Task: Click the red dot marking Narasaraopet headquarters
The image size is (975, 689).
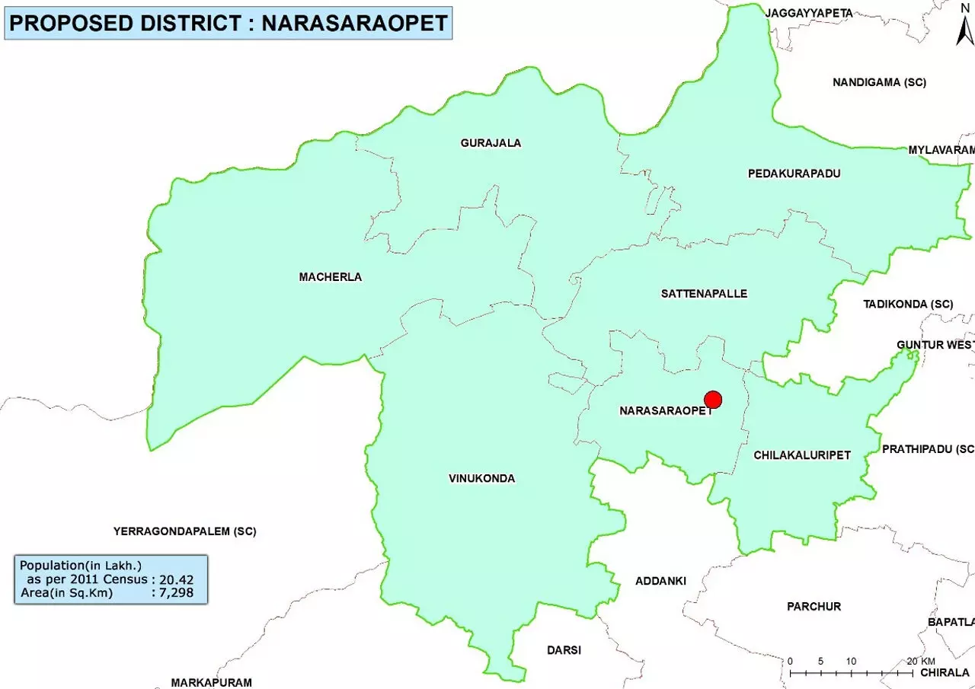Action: click(x=713, y=400)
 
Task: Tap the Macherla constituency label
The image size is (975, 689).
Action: click(x=331, y=277)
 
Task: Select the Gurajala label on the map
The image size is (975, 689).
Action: click(x=491, y=143)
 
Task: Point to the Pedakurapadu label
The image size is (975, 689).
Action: click(x=794, y=174)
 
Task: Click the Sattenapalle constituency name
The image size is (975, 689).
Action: click(x=704, y=294)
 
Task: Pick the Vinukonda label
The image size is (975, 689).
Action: click(x=481, y=479)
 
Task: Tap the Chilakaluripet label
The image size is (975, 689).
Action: click(x=801, y=455)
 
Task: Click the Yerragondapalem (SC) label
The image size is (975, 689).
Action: click(x=185, y=531)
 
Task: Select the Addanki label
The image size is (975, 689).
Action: click(x=660, y=581)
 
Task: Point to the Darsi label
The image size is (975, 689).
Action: click(x=564, y=650)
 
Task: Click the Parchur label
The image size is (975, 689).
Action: click(x=814, y=607)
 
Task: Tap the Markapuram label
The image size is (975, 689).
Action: click(x=211, y=682)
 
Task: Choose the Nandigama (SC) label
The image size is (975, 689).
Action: click(x=879, y=82)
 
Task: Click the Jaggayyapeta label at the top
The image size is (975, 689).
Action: click(x=809, y=13)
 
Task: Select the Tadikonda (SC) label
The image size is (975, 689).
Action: click(x=908, y=305)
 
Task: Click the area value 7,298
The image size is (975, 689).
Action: click(x=176, y=593)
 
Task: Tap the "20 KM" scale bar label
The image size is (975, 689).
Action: click(x=921, y=661)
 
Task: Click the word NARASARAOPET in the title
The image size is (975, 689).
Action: click(x=354, y=23)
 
